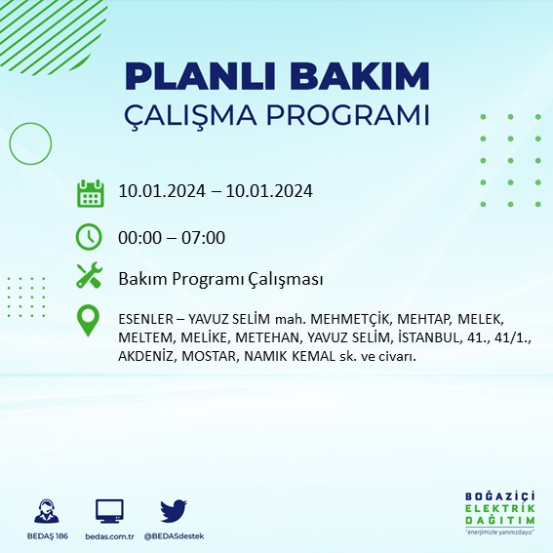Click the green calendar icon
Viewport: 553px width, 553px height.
point(90,193)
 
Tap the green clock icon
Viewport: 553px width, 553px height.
point(90,237)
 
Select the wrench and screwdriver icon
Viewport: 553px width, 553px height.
point(90,277)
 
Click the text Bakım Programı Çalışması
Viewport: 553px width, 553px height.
point(220,279)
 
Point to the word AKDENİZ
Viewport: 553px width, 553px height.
point(147,356)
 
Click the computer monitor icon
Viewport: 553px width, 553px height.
point(109,510)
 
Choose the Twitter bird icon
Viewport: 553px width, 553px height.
point(174,510)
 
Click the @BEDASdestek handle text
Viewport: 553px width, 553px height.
point(174,535)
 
